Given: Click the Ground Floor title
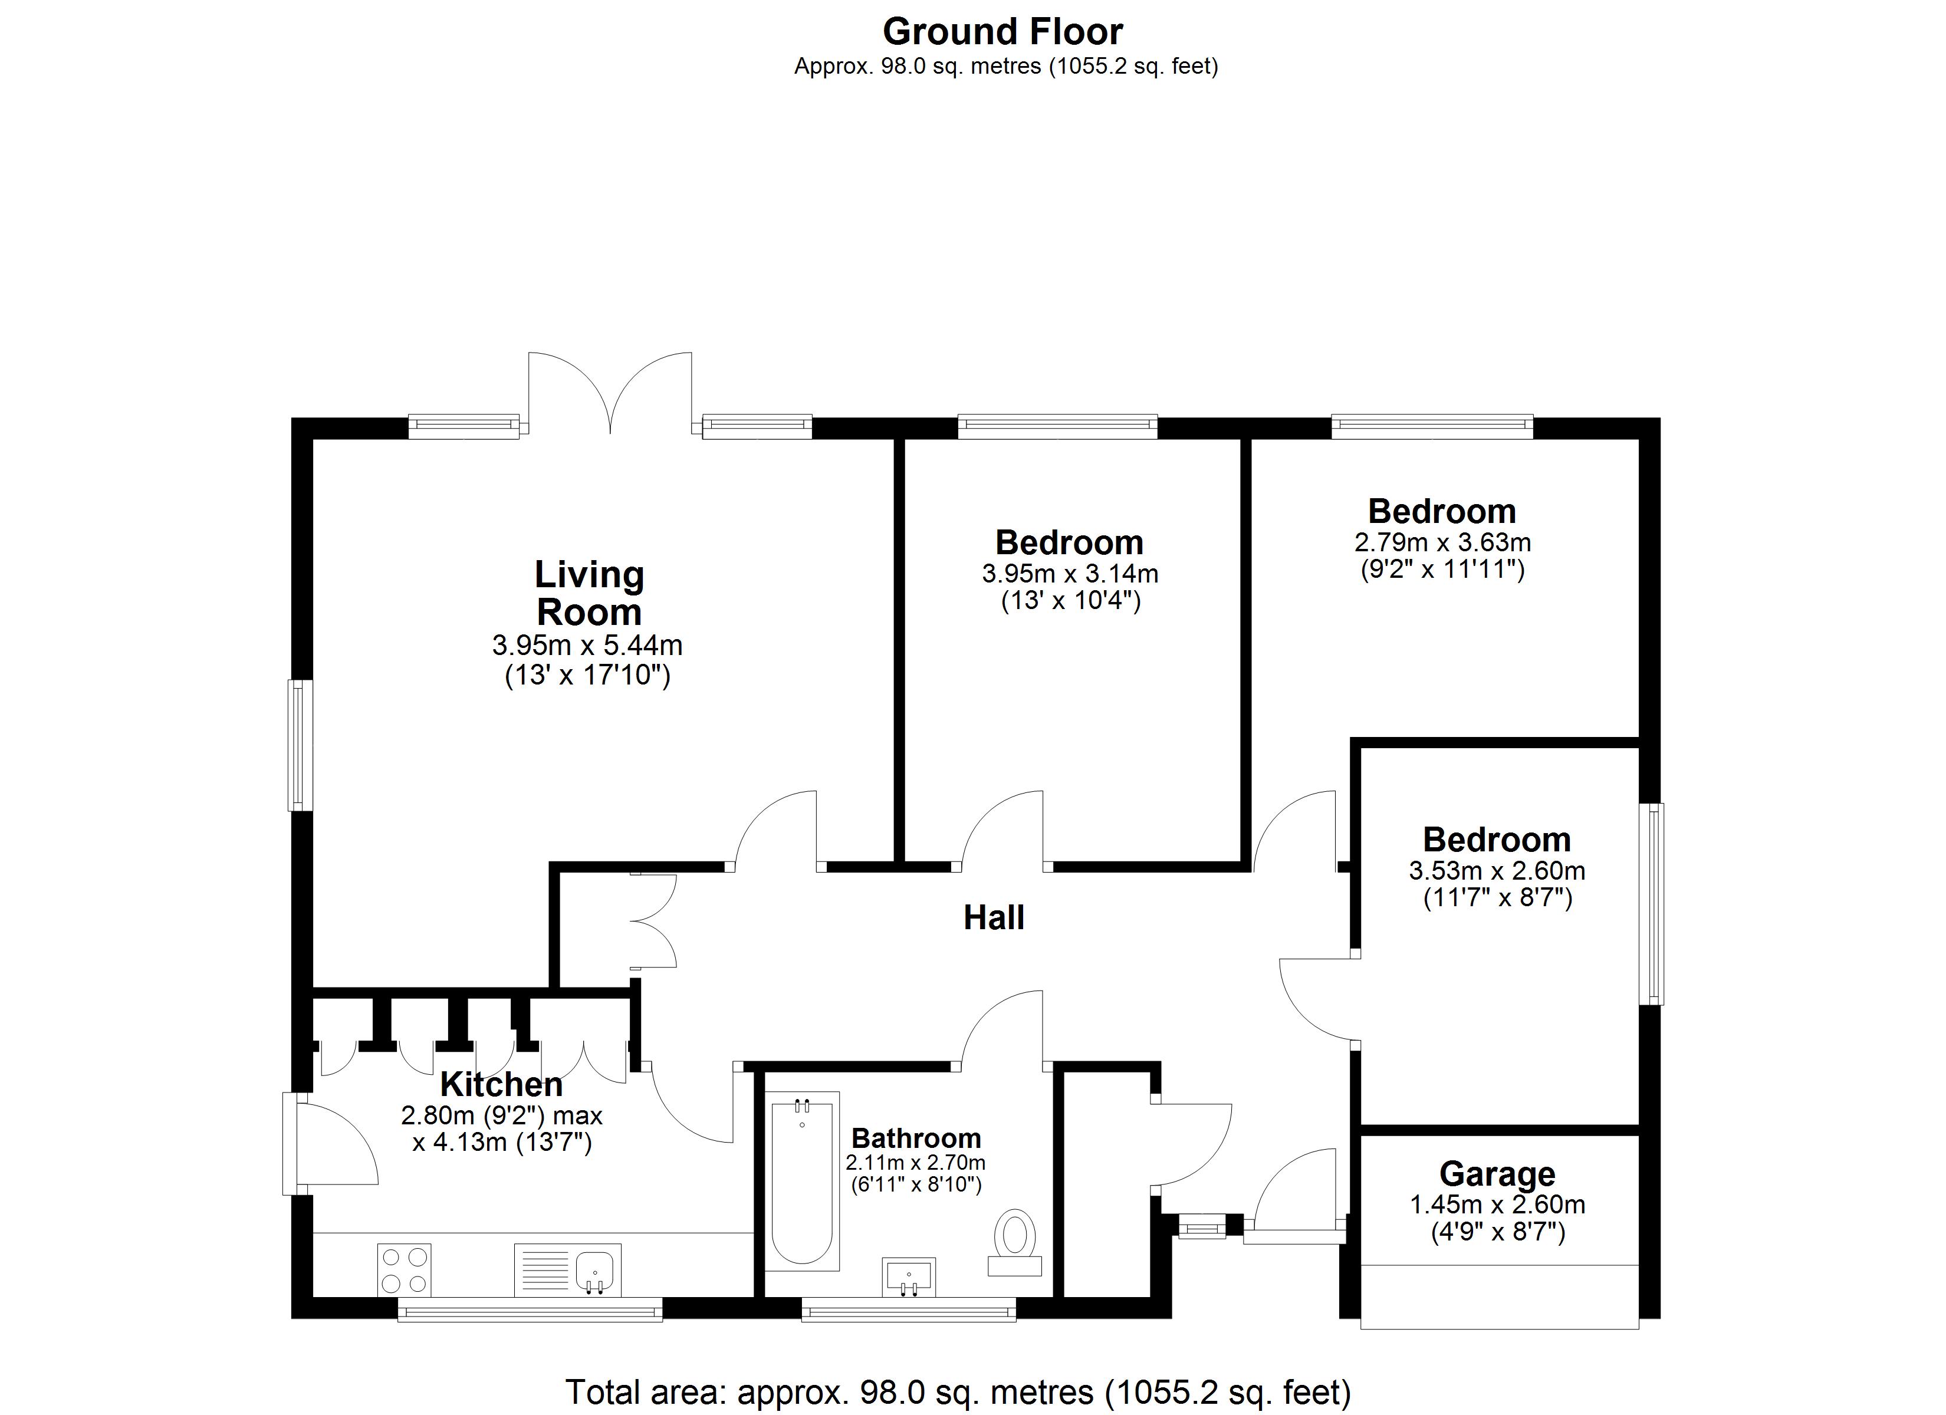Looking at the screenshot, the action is click(1002, 32).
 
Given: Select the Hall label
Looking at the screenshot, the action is click(994, 918).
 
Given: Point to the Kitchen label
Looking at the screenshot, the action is click(501, 1085).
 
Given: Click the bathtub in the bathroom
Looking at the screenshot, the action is click(802, 1182).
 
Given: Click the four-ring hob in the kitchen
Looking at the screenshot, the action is click(404, 1270).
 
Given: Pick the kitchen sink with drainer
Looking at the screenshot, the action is click(567, 1270).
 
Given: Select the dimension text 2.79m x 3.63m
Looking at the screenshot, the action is click(1442, 542).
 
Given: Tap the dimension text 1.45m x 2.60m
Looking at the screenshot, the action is click(1497, 1205).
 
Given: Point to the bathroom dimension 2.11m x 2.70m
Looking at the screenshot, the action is click(916, 1163).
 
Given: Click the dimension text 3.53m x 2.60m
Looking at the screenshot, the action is click(1497, 871).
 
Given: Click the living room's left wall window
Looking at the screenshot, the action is click(300, 745).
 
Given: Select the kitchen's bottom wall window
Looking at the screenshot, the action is click(530, 1309).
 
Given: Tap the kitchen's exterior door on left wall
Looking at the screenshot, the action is click(330, 1144).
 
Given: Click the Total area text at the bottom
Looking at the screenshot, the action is click(958, 1391).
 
